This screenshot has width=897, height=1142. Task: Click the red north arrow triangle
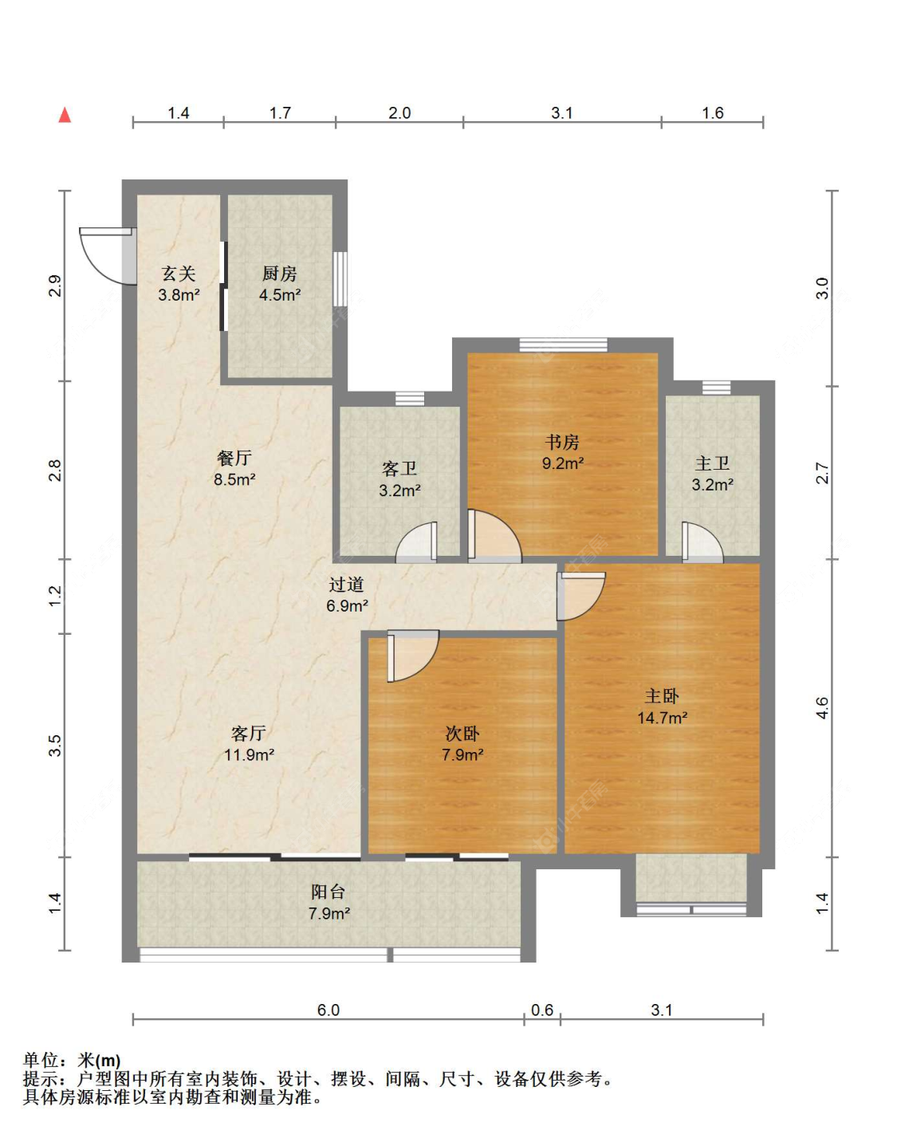(65, 115)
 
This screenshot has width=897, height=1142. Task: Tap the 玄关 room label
(179, 274)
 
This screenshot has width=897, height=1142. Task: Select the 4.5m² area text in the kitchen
(280, 295)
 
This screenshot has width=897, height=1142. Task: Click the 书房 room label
(562, 442)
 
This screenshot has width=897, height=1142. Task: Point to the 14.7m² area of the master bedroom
(663, 718)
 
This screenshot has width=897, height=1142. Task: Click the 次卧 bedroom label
(462, 734)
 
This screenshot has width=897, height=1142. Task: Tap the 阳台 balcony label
(329, 892)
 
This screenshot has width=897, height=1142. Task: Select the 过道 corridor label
(346, 584)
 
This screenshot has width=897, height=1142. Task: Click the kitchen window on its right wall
(340, 278)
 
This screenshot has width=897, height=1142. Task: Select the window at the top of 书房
(564, 345)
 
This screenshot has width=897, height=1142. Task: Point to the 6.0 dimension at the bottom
(329, 1010)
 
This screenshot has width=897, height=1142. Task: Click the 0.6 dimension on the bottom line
(542, 1010)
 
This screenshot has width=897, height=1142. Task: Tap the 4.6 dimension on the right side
(822, 708)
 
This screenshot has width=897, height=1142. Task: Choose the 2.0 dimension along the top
(399, 113)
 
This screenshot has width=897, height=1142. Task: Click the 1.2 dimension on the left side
(55, 597)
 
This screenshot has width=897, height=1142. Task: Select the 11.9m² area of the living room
(250, 754)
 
